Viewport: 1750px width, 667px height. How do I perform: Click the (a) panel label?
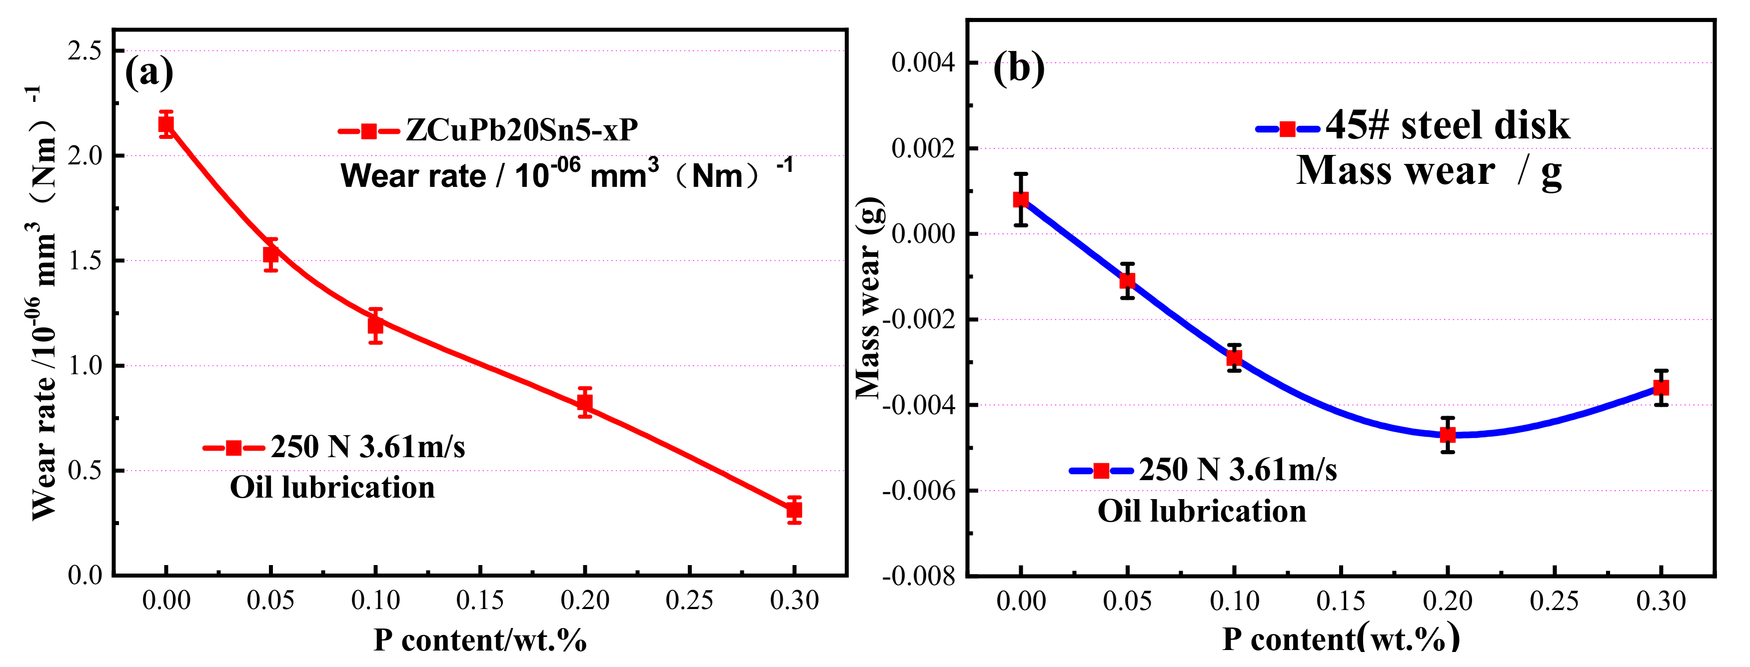click(x=149, y=71)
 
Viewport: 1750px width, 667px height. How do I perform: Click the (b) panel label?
click(x=1018, y=68)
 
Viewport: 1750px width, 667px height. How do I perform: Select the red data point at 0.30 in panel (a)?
click(x=794, y=510)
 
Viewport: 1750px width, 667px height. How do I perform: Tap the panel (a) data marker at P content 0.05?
click(x=271, y=255)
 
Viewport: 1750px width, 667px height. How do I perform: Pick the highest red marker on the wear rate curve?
click(x=166, y=124)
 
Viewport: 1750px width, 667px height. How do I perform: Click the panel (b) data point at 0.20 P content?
click(x=1448, y=435)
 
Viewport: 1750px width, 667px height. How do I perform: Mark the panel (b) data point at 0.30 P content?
click(x=1661, y=388)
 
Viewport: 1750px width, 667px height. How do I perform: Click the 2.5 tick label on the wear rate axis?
click(x=84, y=50)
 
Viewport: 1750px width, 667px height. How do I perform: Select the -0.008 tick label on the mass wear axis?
click(x=918, y=577)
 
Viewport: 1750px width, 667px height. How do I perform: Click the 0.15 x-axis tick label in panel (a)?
click(x=480, y=601)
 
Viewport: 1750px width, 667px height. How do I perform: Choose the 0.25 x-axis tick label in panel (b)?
click(x=1555, y=601)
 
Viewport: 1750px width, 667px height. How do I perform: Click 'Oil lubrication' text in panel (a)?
click(x=332, y=488)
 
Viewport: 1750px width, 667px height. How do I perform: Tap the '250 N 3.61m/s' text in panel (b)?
click(x=1238, y=470)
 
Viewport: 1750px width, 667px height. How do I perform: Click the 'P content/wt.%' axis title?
click(x=480, y=640)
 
